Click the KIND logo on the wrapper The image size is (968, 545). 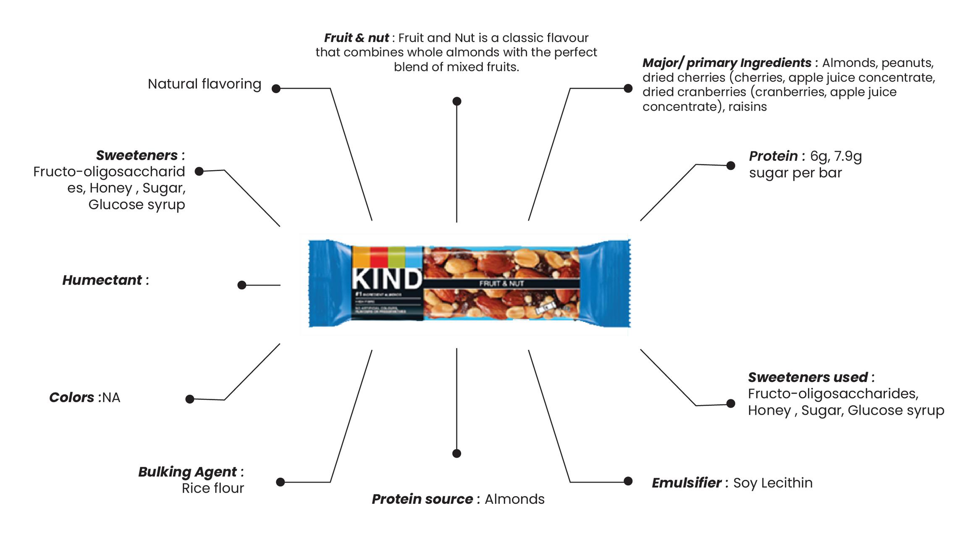click(386, 278)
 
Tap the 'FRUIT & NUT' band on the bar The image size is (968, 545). click(501, 284)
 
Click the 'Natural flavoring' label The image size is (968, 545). click(204, 84)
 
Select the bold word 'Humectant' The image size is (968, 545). click(102, 280)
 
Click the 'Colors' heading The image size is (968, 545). click(72, 398)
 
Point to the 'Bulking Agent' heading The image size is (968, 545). click(187, 472)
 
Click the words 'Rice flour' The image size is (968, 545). click(212, 488)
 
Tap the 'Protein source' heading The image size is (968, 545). click(422, 499)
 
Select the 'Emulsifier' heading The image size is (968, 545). click(687, 483)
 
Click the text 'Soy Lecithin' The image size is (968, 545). click(773, 483)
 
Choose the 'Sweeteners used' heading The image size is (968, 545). click(808, 377)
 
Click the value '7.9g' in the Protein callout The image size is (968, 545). click(848, 156)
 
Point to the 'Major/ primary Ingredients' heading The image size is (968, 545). click(727, 63)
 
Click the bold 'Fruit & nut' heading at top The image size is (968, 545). click(356, 38)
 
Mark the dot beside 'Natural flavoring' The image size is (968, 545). click(276, 89)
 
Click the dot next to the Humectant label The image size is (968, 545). click(241, 285)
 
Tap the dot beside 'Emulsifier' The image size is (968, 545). click(628, 481)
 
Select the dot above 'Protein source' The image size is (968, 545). click(456, 453)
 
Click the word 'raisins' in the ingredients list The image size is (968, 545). click(748, 107)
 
